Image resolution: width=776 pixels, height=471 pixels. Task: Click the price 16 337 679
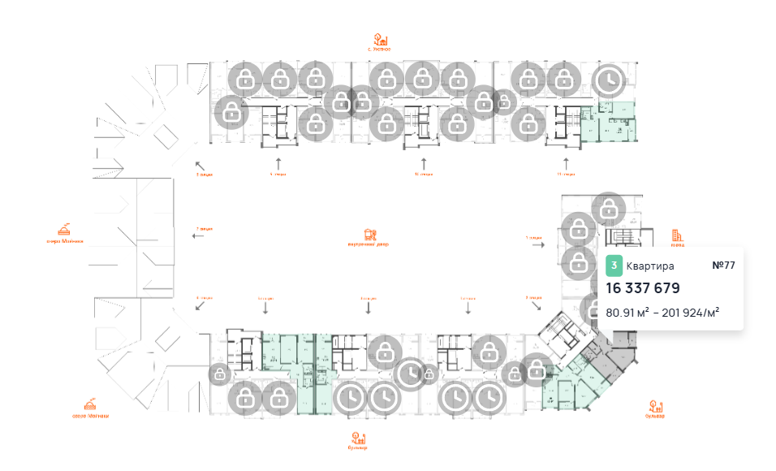642,288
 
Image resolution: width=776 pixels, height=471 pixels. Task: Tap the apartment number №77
722,266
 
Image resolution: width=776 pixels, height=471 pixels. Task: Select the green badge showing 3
614,266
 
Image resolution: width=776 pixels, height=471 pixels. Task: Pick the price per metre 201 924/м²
690,312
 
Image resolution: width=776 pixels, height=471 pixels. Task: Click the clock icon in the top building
607,80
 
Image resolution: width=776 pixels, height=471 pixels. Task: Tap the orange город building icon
676,236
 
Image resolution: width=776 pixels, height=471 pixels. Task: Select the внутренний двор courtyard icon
371,235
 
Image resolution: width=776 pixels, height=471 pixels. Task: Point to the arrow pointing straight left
196,235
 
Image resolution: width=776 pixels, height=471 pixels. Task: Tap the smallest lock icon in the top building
504,102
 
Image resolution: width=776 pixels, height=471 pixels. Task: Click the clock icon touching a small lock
411,373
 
